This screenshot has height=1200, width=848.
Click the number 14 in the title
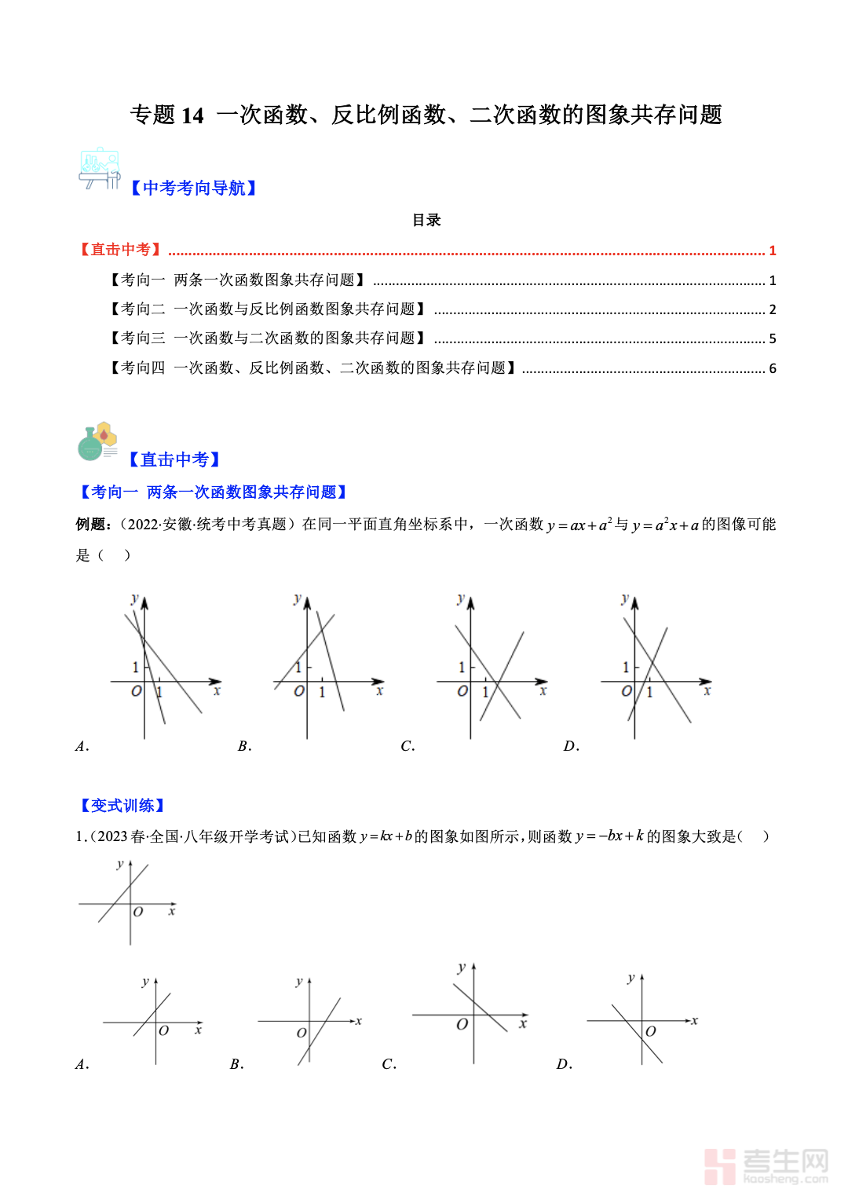[x=192, y=115]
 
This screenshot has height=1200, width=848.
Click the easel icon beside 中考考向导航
[x=100, y=168]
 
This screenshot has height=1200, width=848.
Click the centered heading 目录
[x=426, y=220]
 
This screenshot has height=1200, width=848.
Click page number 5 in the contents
[x=773, y=338]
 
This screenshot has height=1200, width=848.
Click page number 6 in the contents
[x=773, y=368]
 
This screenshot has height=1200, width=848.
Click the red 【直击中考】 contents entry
[x=121, y=250]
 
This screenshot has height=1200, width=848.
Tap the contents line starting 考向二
[x=267, y=309]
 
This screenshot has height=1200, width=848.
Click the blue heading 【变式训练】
[x=122, y=805]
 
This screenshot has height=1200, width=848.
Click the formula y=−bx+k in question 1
[x=609, y=836]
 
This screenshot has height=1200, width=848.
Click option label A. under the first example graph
[x=82, y=746]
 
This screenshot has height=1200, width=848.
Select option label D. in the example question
[x=571, y=746]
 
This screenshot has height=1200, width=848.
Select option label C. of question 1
[x=389, y=1064]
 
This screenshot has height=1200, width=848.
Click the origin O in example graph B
[x=299, y=691]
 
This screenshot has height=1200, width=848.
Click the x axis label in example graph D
[x=707, y=691]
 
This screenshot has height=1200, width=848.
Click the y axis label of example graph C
[x=461, y=598]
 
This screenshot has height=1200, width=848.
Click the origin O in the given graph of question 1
[x=138, y=912]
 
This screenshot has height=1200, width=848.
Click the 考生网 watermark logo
[x=766, y=1165]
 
